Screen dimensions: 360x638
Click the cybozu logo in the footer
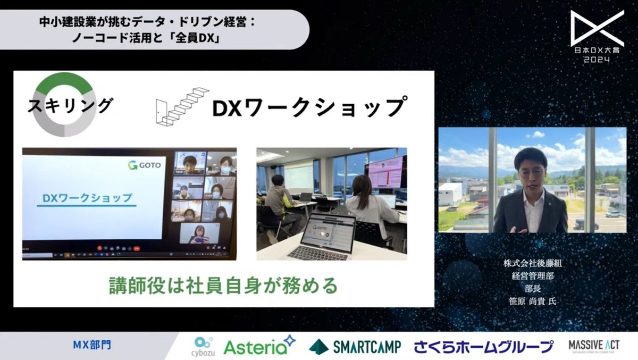pyautogui.click(x=204, y=346)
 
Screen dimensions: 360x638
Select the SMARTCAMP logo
pyautogui.click(x=355, y=346)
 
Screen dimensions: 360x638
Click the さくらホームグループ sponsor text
pyautogui.click(x=484, y=347)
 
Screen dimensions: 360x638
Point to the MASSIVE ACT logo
pyautogui.click(x=593, y=346)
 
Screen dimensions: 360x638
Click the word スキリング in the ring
pyautogui.click(x=70, y=104)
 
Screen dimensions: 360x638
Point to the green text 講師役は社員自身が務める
pyautogui.click(x=224, y=285)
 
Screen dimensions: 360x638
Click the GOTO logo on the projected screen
pyautogui.click(x=144, y=165)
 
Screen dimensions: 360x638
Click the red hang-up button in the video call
pyautogui.click(x=137, y=248)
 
